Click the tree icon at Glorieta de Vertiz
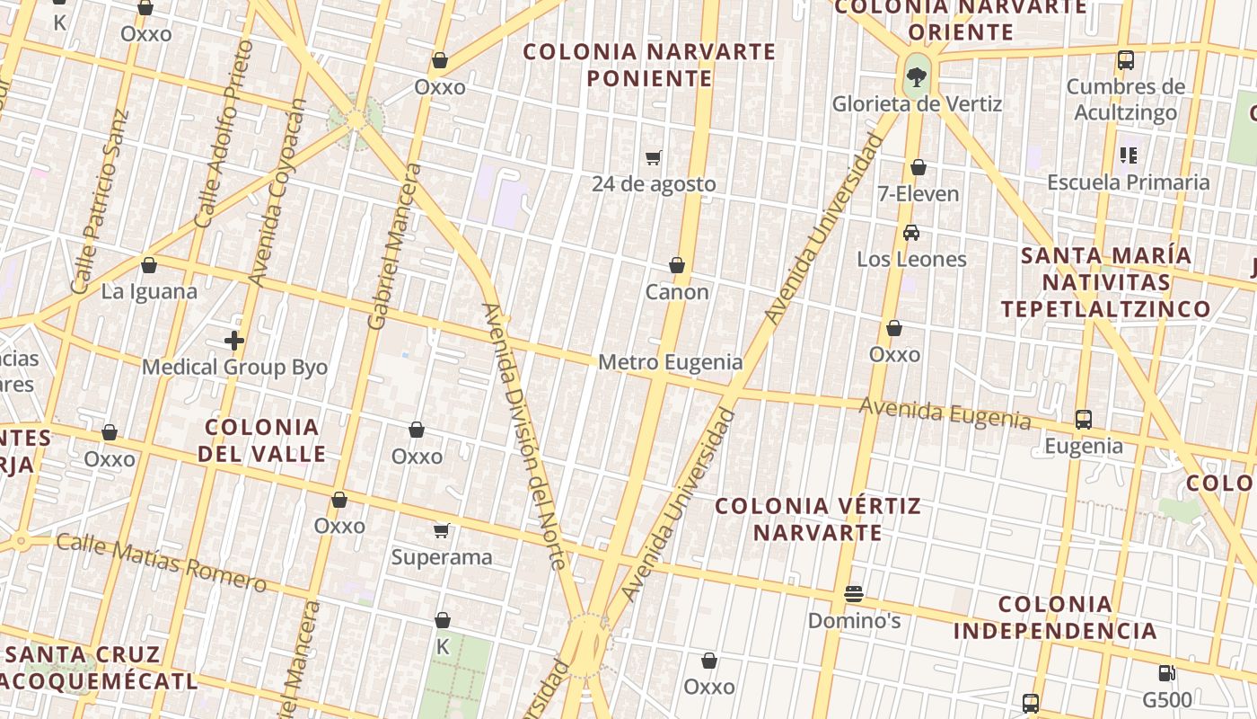coord(916,77)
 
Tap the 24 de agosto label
coord(654,184)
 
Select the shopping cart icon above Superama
coord(441,530)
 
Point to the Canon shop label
coord(677,292)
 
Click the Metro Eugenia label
coord(670,362)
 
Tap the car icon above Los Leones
coord(911,233)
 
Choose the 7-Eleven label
coord(918,194)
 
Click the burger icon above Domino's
coord(853,594)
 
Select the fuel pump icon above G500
coord(1166,672)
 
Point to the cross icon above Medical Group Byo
coord(234,341)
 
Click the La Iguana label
coord(149,292)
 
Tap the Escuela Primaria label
coord(1128,182)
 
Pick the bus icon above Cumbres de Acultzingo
coord(1126,60)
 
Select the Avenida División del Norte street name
coord(524,436)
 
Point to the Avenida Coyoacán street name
coord(277,193)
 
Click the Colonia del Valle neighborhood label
coord(261,440)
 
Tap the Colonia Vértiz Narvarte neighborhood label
coord(817,519)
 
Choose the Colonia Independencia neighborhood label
coord(1055,617)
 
